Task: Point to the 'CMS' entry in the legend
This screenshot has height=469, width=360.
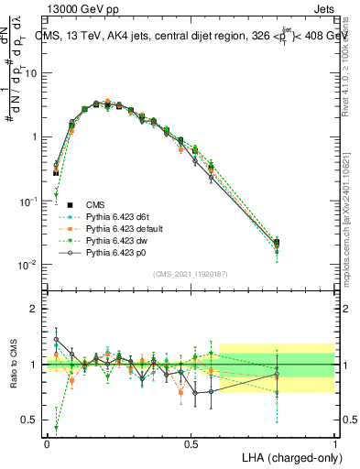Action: [x=95, y=204]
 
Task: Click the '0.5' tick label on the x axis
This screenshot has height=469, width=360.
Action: [x=191, y=442]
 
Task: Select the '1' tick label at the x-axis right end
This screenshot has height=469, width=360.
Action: [x=334, y=442]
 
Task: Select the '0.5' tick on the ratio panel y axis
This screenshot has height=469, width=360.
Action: [x=29, y=420]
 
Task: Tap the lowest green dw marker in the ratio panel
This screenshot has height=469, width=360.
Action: [x=56, y=427]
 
